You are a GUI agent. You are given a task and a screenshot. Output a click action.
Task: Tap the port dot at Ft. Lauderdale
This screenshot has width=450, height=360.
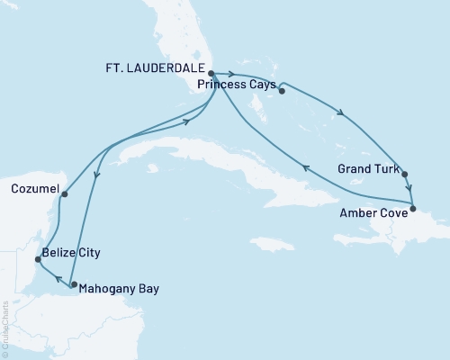click(211, 74)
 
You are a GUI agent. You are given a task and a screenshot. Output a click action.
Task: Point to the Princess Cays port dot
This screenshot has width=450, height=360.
click(282, 88)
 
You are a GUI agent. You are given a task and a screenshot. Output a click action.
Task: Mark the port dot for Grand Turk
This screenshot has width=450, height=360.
click(405, 175)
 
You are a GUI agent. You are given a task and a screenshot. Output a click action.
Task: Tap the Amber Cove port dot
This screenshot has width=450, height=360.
click(412, 209)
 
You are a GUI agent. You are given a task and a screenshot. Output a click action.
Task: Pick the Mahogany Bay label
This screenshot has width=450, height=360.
click(114, 290)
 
